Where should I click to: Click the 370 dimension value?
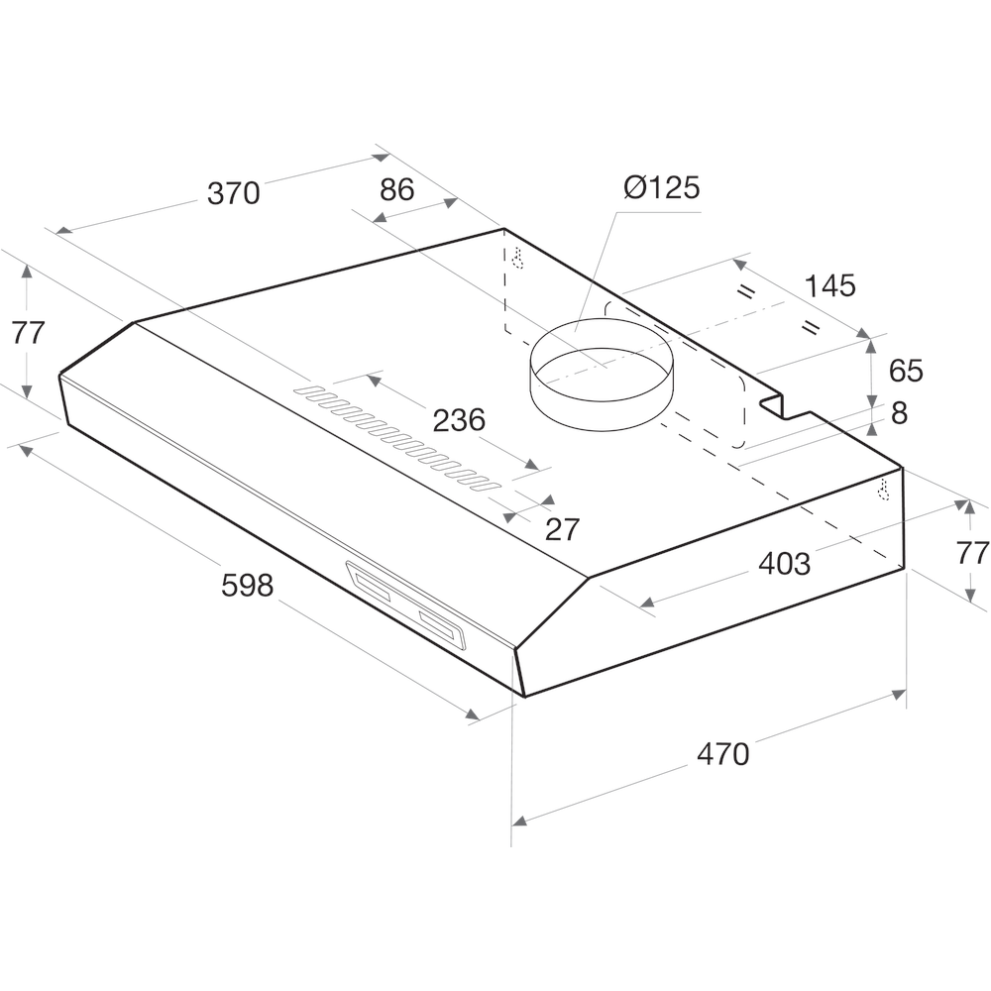point(233,193)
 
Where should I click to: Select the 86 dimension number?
point(396,189)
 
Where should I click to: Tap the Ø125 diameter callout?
point(662,187)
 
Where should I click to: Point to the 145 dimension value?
point(829,286)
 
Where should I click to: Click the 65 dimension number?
point(906,372)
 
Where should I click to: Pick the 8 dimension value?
point(899,413)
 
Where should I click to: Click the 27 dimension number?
point(562,529)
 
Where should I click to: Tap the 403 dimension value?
point(784,564)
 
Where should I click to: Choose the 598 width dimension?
point(247,587)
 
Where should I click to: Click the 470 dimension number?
point(722,754)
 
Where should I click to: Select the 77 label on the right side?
point(973,552)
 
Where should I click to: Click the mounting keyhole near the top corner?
point(516,258)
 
